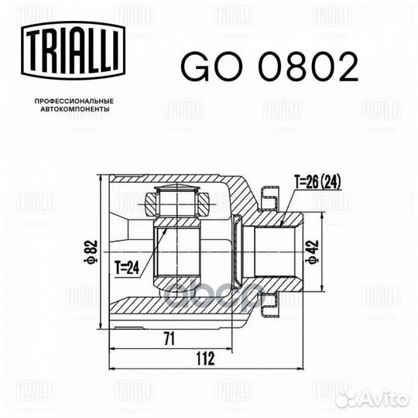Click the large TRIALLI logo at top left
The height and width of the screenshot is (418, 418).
(73, 50)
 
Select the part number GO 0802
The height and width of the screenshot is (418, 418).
(269, 67)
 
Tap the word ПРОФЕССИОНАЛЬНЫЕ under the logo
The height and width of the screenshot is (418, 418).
(74, 101)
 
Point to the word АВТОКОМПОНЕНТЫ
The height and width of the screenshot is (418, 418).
(75, 109)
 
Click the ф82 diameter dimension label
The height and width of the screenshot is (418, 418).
(91, 252)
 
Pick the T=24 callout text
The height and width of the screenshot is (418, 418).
(127, 268)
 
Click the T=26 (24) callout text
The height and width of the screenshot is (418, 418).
(318, 183)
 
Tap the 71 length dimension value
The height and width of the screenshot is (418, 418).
(170, 338)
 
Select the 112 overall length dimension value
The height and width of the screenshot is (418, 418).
(204, 358)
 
